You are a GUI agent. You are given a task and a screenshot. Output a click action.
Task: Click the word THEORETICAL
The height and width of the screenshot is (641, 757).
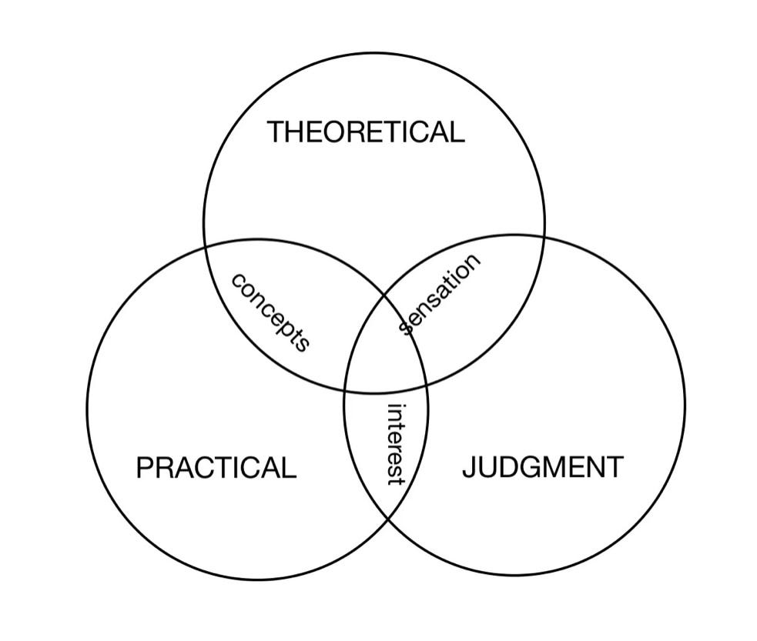click(366, 132)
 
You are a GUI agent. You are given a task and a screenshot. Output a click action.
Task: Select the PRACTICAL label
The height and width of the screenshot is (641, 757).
click(216, 468)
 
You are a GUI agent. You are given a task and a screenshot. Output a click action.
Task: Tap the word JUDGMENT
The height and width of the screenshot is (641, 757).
click(543, 467)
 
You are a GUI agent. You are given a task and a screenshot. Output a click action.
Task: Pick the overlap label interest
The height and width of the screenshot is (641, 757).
click(395, 444)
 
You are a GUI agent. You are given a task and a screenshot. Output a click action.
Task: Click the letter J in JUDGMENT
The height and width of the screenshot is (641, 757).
click(469, 467)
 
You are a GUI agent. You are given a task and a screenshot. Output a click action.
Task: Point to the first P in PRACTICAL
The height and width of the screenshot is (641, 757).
click(143, 468)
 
